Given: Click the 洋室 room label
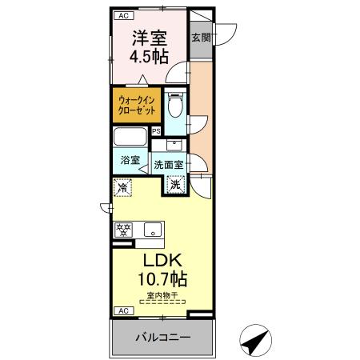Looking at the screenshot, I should (149, 38).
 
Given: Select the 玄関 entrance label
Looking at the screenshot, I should (201, 36).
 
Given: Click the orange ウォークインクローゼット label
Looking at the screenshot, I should (137, 106).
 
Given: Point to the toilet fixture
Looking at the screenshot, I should (176, 104).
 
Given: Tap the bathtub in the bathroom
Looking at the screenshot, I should (130, 135).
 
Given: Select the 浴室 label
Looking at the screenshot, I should (129, 160).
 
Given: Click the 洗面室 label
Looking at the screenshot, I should (169, 164).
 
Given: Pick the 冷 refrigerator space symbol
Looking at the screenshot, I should (122, 187).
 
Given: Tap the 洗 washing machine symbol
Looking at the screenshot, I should (175, 183).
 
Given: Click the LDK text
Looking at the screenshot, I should (164, 262).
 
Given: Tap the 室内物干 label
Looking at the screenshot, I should (163, 298).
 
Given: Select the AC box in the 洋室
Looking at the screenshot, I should (122, 14).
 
